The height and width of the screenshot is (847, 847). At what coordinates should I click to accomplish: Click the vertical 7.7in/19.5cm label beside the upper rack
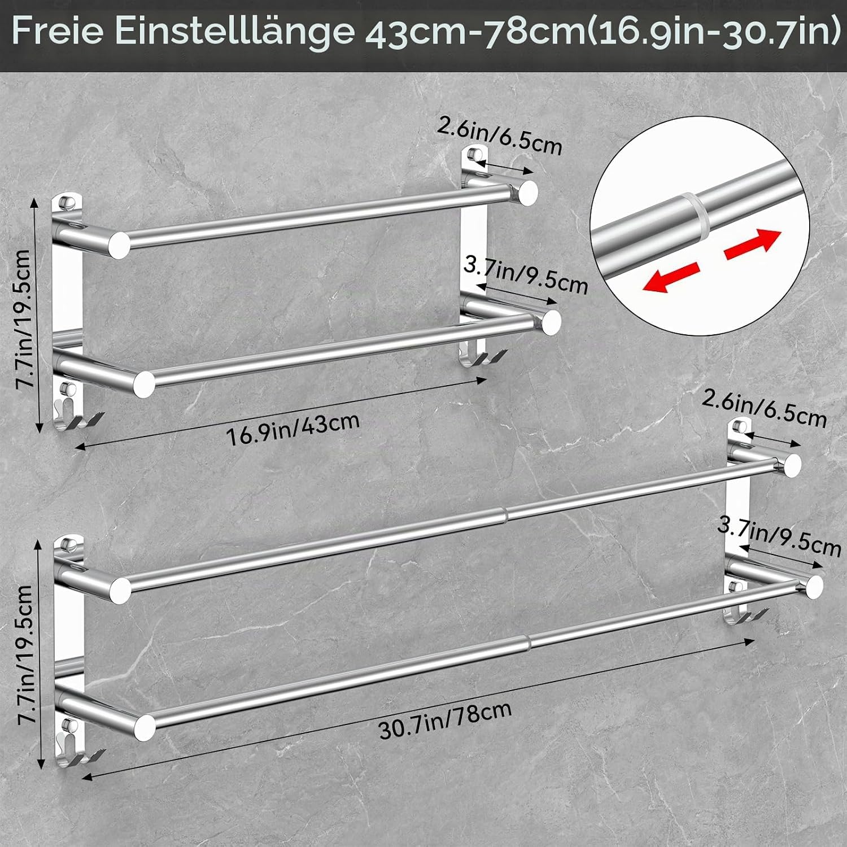click(24, 319)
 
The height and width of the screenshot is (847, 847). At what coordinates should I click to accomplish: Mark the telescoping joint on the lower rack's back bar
click(504, 514)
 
